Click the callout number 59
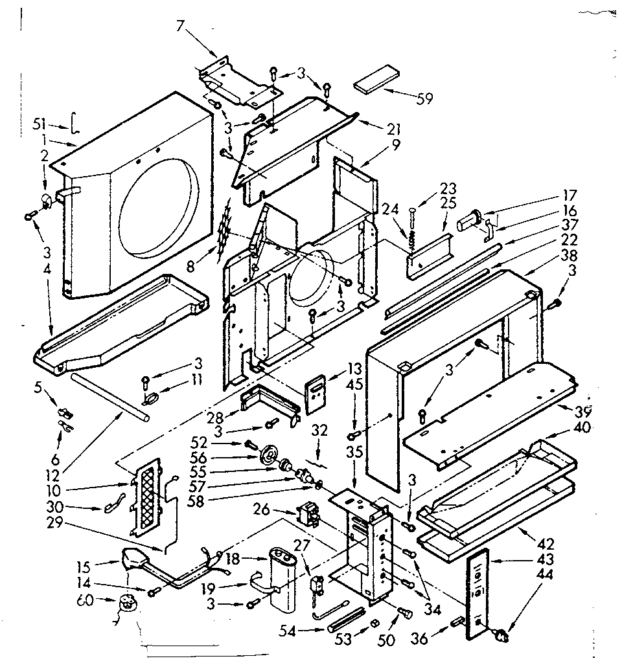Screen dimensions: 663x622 click(x=425, y=98)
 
